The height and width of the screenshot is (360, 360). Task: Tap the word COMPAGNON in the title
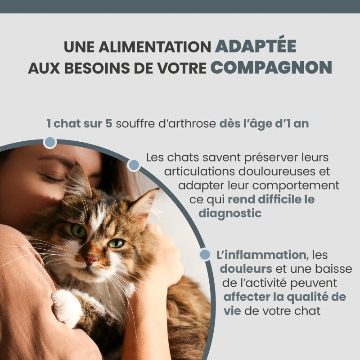click(x=271, y=67)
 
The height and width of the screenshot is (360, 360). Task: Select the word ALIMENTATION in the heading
click(x=155, y=47)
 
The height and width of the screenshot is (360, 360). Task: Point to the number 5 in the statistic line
click(x=108, y=123)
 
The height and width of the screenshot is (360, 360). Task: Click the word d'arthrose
click(x=187, y=123)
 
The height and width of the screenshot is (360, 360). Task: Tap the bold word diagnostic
click(x=230, y=213)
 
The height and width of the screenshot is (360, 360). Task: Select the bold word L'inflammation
click(x=261, y=255)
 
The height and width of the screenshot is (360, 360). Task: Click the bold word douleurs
click(x=246, y=269)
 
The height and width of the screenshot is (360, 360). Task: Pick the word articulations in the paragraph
click(x=200, y=171)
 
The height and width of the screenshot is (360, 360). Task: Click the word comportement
click(x=296, y=186)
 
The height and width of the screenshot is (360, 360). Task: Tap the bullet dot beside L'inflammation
click(x=205, y=254)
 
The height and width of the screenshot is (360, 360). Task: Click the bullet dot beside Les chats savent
click(x=134, y=165)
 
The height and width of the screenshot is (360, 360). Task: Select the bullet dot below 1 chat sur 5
click(x=50, y=142)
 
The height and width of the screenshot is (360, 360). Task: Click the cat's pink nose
click(x=91, y=259)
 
